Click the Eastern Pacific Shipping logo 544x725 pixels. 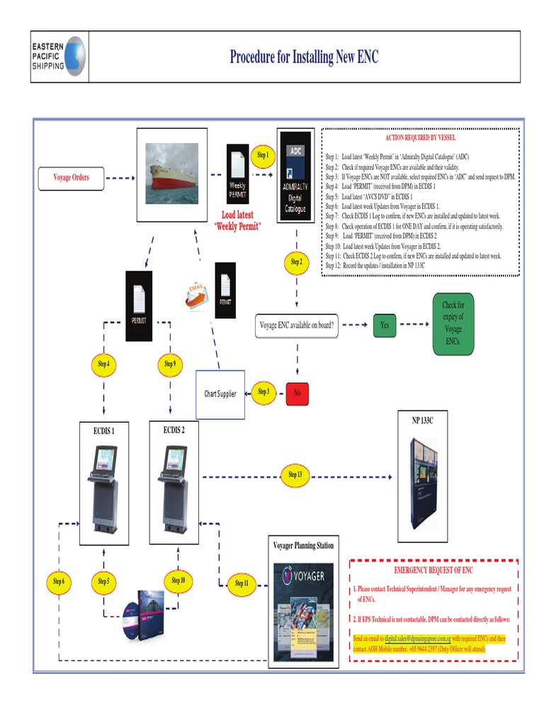point(59,57)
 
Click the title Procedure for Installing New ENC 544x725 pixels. point(304,57)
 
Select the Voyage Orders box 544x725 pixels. point(72,178)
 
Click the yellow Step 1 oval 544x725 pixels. point(263,155)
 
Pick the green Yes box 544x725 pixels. point(385,325)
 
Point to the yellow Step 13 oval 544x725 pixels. point(295,474)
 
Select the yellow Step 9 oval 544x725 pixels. point(170,364)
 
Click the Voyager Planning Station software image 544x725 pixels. point(303,611)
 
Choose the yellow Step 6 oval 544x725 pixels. point(59,582)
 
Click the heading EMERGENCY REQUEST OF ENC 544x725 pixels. point(433,570)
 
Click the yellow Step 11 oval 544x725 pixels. point(242,583)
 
